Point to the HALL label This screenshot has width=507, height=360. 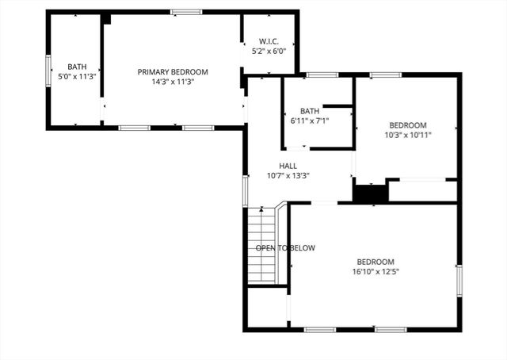pyautogui.click(x=265, y=166)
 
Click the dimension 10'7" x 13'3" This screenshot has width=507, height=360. pyautogui.click(x=265, y=176)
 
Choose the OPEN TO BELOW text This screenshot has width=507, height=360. pyautogui.click(x=285, y=248)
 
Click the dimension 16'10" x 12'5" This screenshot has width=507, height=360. pyautogui.click(x=376, y=271)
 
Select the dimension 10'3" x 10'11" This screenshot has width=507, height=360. pyautogui.click(x=407, y=135)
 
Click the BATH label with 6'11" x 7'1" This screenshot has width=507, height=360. pyautogui.click(x=309, y=110)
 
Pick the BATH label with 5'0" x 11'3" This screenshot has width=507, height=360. pyautogui.click(x=77, y=67)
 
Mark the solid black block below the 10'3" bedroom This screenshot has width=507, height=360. pyautogui.click(x=369, y=193)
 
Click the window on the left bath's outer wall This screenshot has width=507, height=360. pyautogui.click(x=48, y=68)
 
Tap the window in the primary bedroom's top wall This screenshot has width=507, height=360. pyautogui.click(x=186, y=12)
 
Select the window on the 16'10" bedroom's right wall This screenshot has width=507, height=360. pyautogui.click(x=459, y=280)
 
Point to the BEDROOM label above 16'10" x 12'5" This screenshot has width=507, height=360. pyautogui.click(x=375, y=262)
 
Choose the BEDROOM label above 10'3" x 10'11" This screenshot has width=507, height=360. pyautogui.click(x=407, y=125)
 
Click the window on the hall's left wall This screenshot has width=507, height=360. pyautogui.click(x=245, y=190)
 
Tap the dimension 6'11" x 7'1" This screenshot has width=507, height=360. pyautogui.click(x=309, y=121)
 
